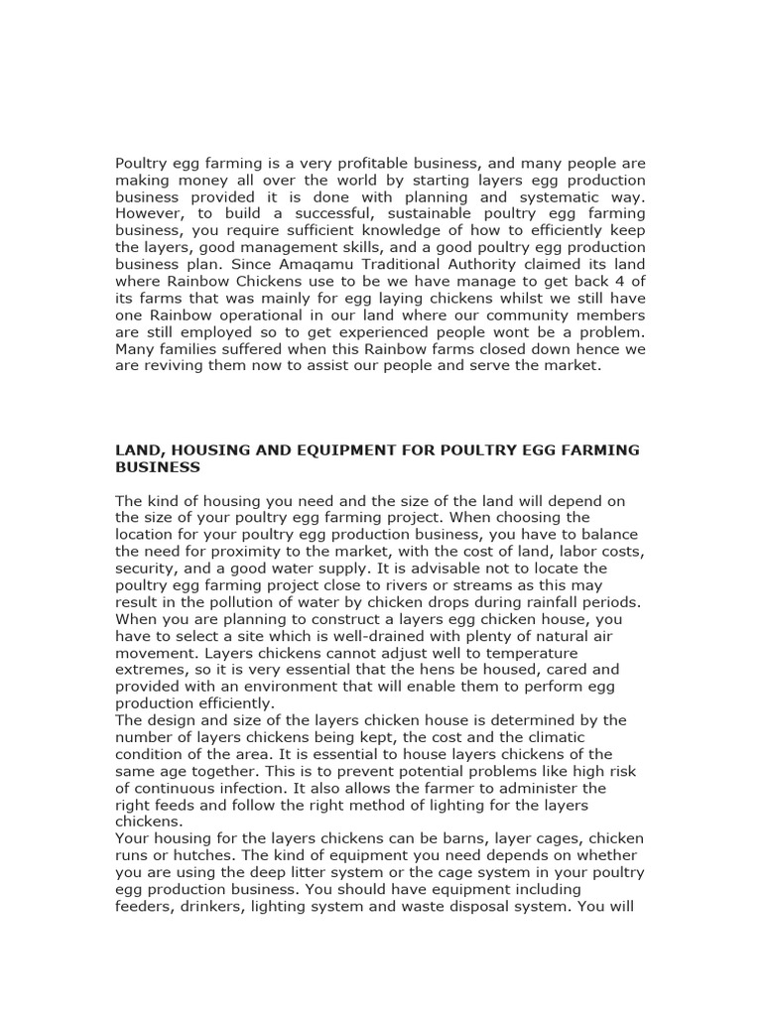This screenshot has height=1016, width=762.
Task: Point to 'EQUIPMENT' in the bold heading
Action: (x=318, y=450)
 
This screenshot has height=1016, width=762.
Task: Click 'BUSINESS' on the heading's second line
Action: (x=158, y=466)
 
